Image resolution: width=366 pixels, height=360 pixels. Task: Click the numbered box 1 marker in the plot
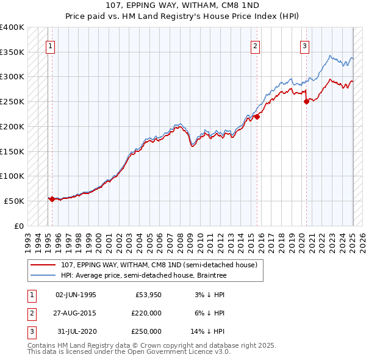point(50,45)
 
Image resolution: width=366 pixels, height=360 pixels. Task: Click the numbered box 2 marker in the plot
point(255,45)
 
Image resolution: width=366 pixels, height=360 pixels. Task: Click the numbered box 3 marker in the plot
point(304,45)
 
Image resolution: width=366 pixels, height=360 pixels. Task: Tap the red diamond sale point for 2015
point(257,117)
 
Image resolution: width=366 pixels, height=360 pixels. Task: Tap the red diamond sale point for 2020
point(306,102)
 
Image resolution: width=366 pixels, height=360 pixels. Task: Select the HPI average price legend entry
point(143,275)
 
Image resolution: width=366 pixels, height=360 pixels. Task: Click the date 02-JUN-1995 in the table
point(76,295)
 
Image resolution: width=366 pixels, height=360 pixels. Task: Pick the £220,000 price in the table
point(146,314)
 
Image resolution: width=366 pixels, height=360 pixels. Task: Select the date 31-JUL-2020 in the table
point(76,332)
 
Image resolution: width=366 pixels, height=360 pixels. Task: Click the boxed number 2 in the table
point(30,314)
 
